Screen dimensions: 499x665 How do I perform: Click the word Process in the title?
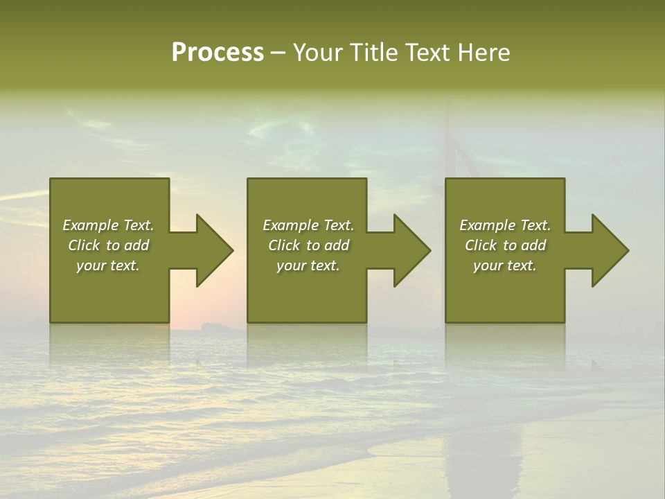[218, 53]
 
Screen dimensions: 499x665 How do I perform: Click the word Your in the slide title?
[318, 53]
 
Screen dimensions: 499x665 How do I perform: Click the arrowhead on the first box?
[212, 250]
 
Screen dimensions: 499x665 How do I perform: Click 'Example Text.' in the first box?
[109, 225]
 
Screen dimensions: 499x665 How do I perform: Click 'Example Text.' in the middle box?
[308, 225]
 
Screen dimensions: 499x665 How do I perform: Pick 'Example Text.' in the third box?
[505, 225]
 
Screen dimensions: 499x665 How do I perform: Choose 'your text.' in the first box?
[108, 265]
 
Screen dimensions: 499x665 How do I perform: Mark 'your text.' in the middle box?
[308, 265]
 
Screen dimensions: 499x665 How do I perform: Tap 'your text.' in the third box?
[505, 265]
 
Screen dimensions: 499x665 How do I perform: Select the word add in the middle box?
[337, 245]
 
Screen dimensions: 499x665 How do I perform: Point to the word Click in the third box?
[481, 245]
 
